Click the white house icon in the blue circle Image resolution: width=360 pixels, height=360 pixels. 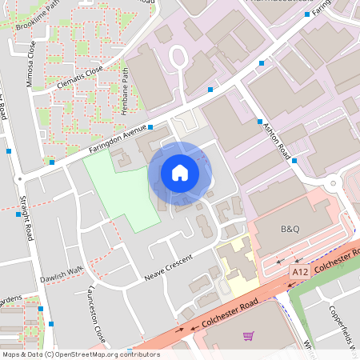tap(179, 173)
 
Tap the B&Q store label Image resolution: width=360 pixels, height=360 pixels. tap(290, 229)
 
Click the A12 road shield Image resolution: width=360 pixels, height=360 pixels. tap(300, 273)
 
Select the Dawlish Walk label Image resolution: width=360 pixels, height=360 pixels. tap(64, 272)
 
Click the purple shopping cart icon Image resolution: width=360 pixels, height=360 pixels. tap(249, 336)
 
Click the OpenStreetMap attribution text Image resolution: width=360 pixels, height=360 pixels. tap(80, 354)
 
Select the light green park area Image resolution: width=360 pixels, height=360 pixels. tap(120, 188)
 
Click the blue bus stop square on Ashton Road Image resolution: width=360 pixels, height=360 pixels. tap(260, 122)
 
